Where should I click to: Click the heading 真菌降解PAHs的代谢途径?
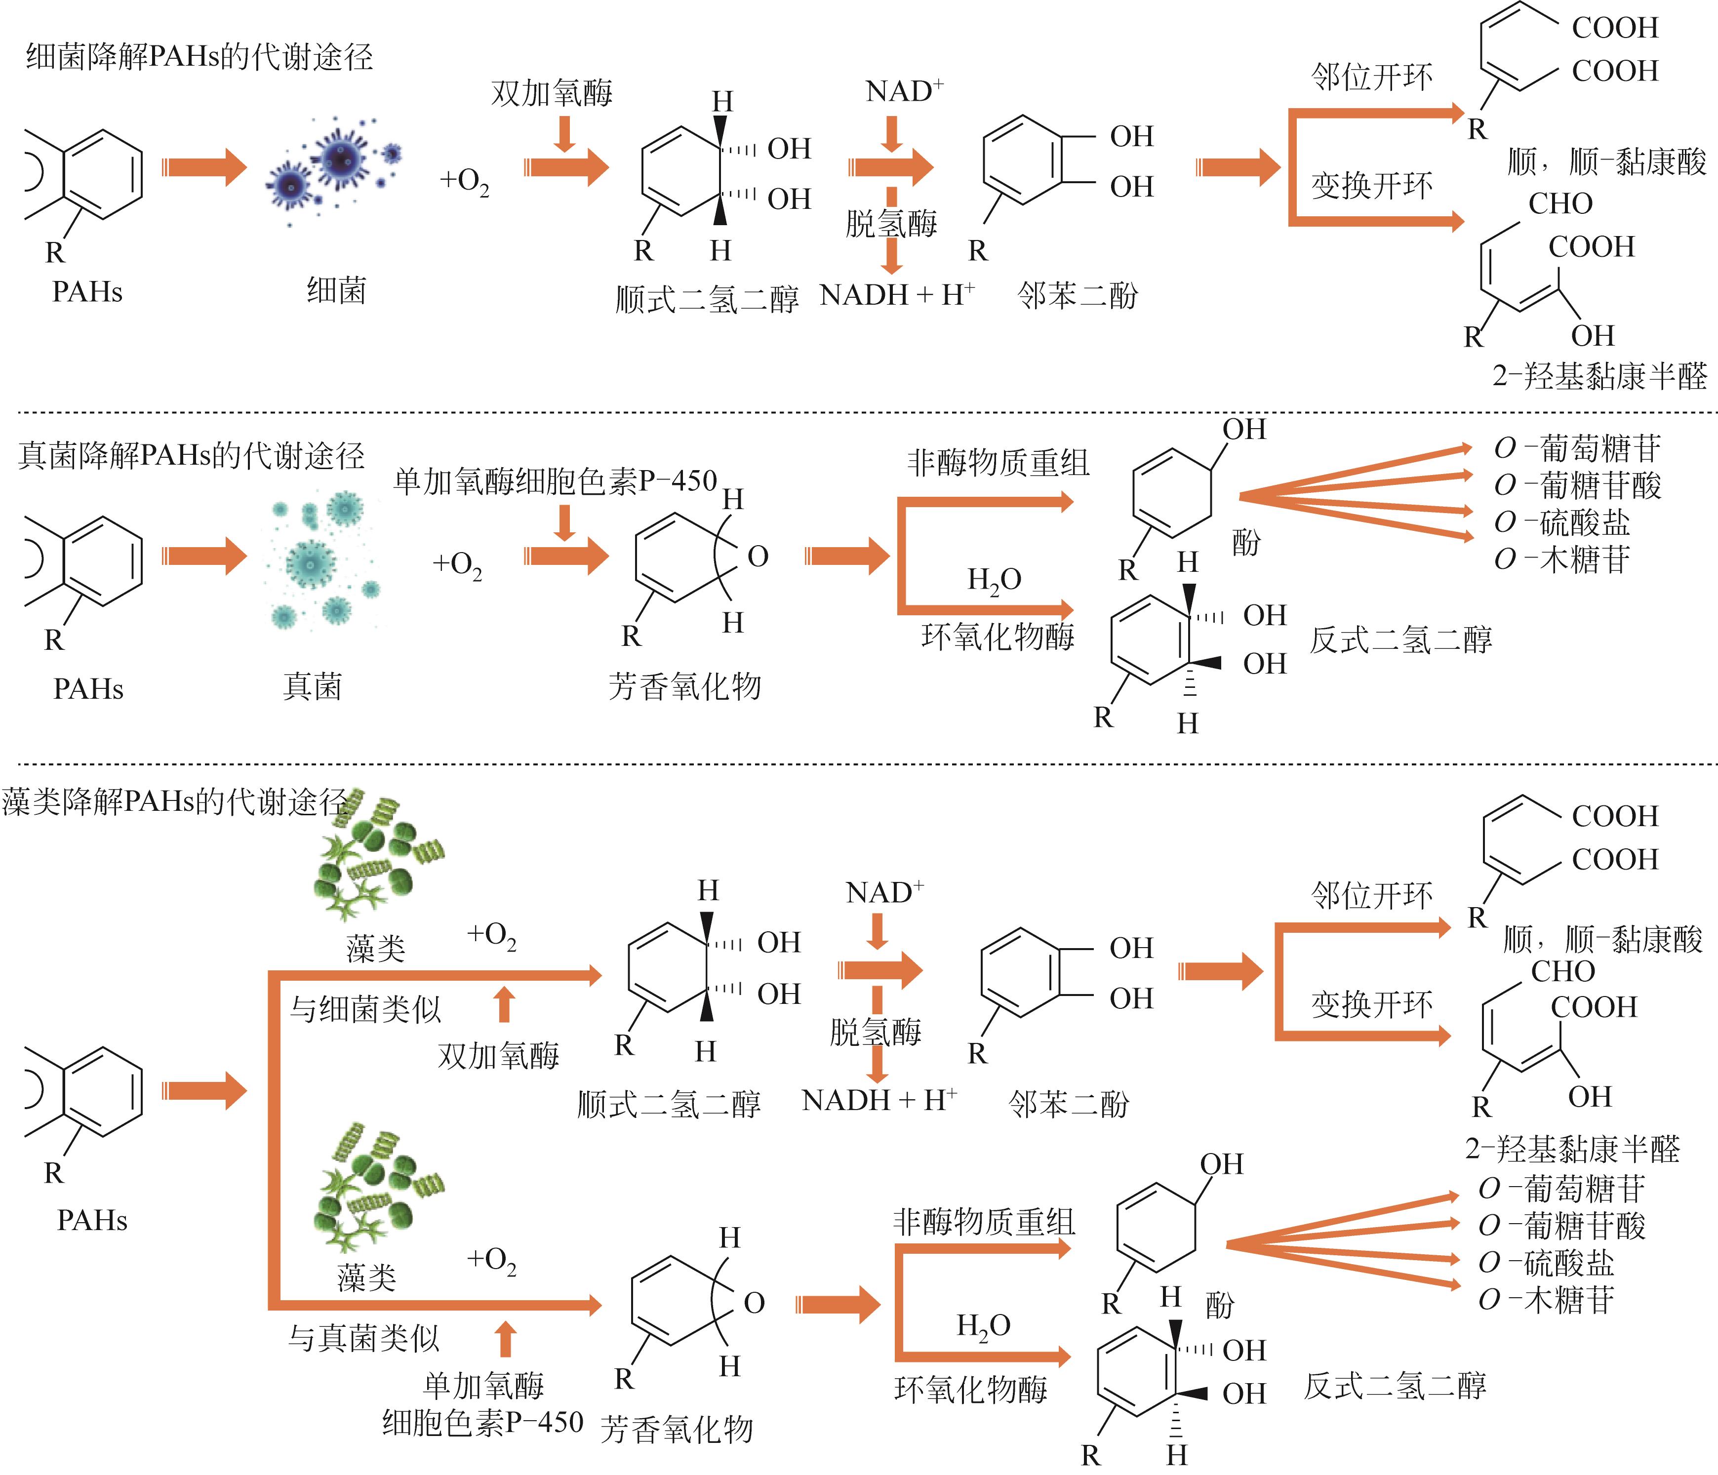coord(191,456)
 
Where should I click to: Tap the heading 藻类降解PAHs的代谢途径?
coord(174,802)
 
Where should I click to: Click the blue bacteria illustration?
coord(336,170)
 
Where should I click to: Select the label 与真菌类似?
coord(363,1338)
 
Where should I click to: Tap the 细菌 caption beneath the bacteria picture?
coord(336,291)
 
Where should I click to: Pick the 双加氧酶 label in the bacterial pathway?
coord(552,93)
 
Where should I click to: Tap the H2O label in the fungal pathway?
coord(994,580)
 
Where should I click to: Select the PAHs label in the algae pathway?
coord(92,1221)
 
